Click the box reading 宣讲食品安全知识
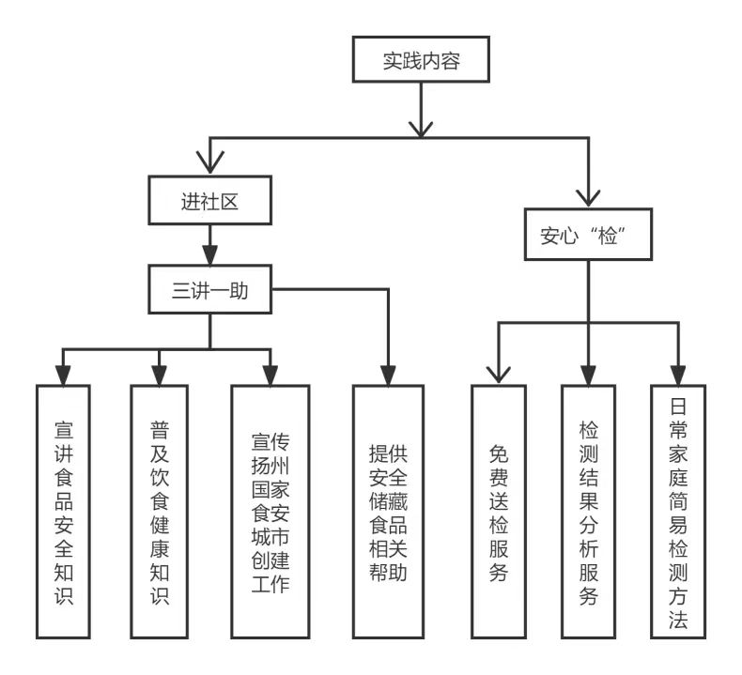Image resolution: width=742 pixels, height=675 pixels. pyautogui.click(x=64, y=512)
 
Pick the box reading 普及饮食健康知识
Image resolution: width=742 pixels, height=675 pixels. pyautogui.click(x=159, y=512)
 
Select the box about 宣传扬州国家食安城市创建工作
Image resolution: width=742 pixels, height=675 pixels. pyautogui.click(x=271, y=512)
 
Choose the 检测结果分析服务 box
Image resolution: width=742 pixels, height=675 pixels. pyautogui.click(x=589, y=512)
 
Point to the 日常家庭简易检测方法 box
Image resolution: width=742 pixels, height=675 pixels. pyautogui.click(x=677, y=512)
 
